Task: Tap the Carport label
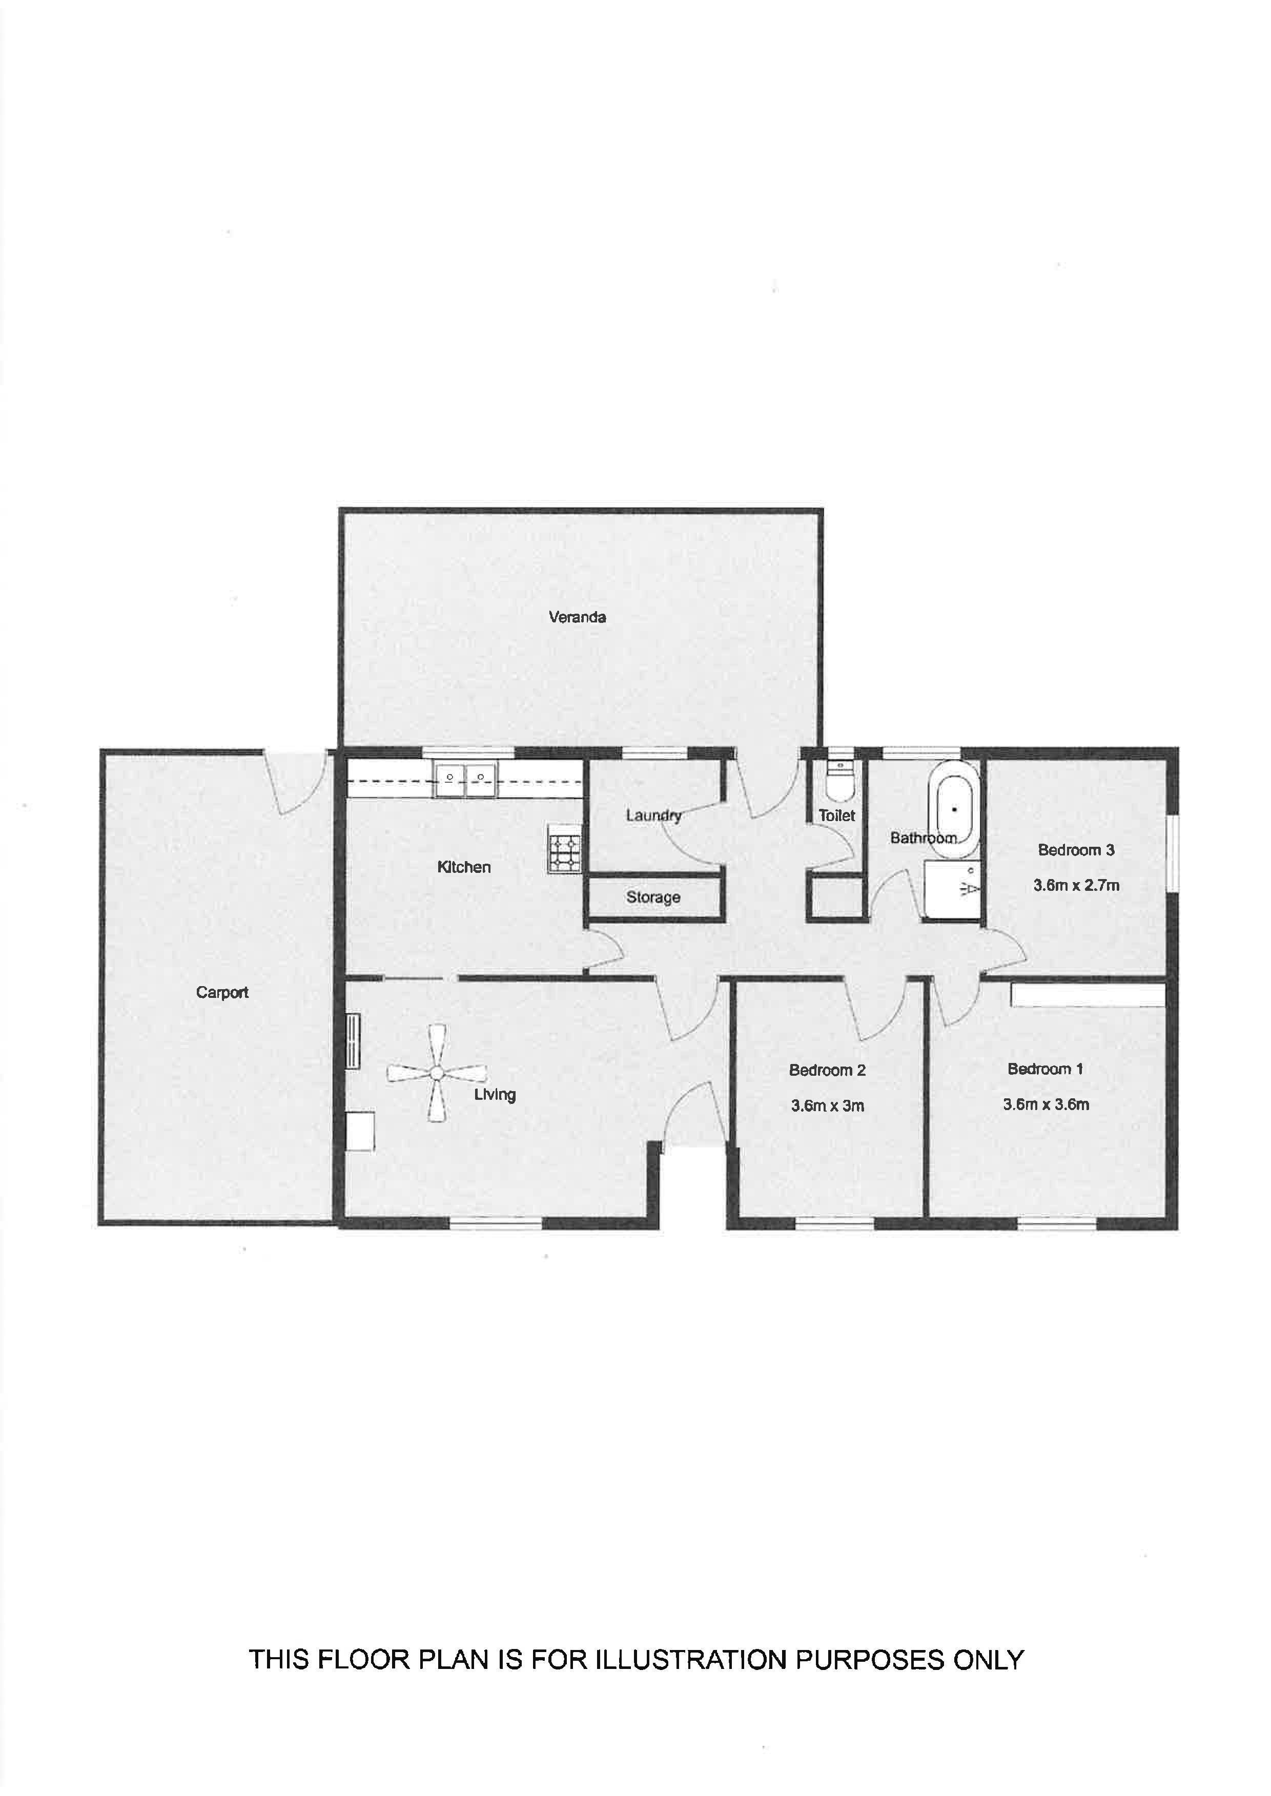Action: point(222,993)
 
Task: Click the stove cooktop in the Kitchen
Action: point(565,850)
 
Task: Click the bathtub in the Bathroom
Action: point(954,810)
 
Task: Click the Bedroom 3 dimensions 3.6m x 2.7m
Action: point(1076,886)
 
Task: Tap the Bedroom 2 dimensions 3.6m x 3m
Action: point(827,1106)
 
